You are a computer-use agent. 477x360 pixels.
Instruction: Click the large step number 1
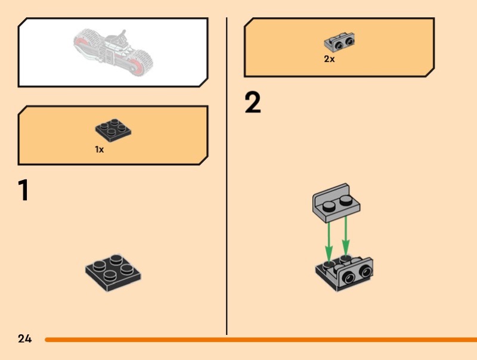23,190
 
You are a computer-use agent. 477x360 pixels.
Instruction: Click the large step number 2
253,103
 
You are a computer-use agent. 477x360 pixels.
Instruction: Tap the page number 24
24,339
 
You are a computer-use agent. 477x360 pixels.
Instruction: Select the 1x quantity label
100,150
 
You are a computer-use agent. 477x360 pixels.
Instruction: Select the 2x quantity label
329,60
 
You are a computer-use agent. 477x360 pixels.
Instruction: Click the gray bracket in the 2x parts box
340,42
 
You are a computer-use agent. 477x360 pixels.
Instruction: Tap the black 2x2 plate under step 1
113,272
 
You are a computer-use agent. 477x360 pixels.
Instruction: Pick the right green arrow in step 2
346,238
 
